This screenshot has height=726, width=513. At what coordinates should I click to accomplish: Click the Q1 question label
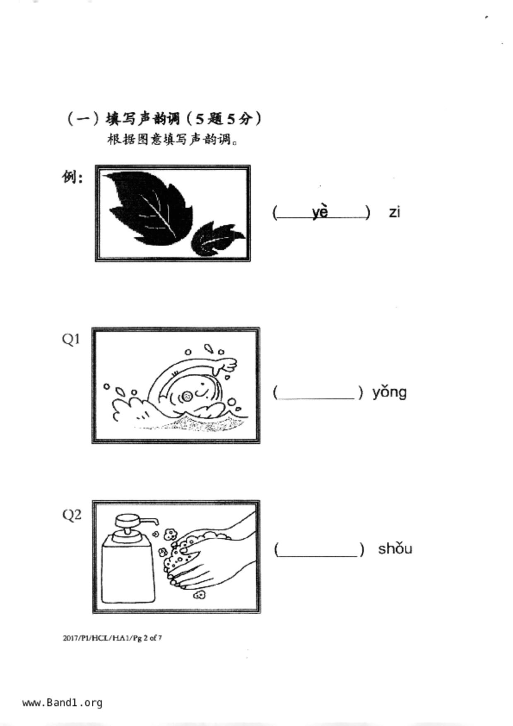point(71,339)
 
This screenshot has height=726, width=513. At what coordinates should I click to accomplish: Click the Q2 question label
point(72,515)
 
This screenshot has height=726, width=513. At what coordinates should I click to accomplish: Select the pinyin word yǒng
point(389,392)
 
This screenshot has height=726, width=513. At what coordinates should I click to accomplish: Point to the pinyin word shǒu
point(395,548)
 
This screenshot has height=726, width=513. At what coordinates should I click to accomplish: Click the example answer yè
point(320,212)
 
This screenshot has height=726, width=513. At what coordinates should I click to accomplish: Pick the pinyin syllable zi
point(394,212)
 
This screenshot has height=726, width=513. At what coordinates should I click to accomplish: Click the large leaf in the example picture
point(149,207)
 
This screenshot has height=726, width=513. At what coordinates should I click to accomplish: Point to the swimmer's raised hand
point(226,365)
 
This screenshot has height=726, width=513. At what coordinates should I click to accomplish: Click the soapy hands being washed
point(199,555)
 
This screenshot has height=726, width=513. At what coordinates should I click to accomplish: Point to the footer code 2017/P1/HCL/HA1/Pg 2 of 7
point(112,638)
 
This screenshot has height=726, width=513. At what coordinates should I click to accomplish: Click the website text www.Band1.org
point(62,702)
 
